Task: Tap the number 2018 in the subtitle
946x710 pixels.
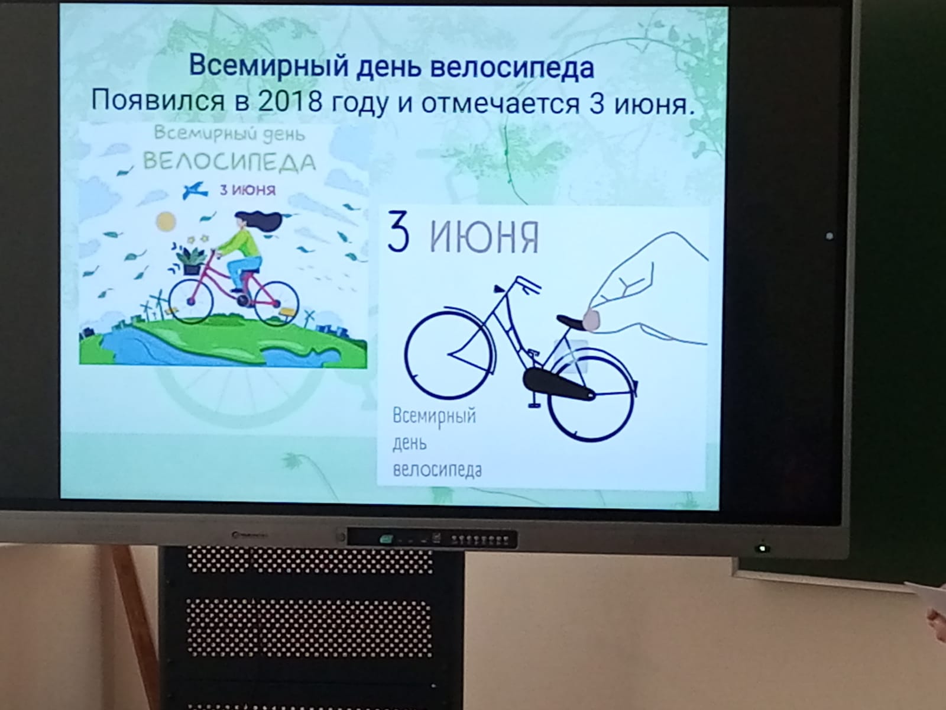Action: pyautogui.click(x=290, y=102)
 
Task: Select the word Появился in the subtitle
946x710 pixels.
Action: pyautogui.click(x=158, y=102)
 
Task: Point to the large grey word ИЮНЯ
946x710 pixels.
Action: pyautogui.click(x=484, y=237)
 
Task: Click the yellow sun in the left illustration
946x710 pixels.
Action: pyautogui.click(x=166, y=221)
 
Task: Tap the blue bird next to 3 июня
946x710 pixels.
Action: pyautogui.click(x=195, y=190)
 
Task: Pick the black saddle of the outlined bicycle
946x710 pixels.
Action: pyautogui.click(x=572, y=322)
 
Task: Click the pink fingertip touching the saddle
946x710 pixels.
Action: pyautogui.click(x=591, y=319)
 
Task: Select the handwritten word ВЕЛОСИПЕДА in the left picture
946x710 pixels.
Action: pyautogui.click(x=230, y=162)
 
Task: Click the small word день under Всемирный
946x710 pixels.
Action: pyautogui.click(x=409, y=443)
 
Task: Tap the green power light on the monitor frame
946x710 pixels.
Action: pyautogui.click(x=762, y=548)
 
